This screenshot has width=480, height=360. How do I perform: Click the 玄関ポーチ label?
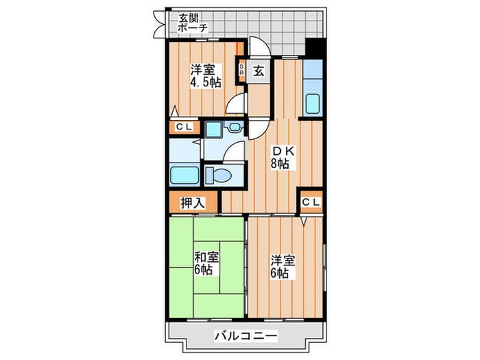[x=194, y=25]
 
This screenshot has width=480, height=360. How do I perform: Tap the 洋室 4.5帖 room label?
[x=205, y=74]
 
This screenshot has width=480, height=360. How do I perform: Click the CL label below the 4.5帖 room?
[x=184, y=127]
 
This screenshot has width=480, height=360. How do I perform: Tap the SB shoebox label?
[x=241, y=69]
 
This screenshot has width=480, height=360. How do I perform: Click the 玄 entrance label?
[x=259, y=69]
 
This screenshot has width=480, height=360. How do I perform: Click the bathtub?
[x=184, y=174]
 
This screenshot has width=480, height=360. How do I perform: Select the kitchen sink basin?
[x=313, y=104]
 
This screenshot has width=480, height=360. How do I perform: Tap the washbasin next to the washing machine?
[x=235, y=128]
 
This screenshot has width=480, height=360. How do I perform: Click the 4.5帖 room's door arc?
[x=235, y=104]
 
